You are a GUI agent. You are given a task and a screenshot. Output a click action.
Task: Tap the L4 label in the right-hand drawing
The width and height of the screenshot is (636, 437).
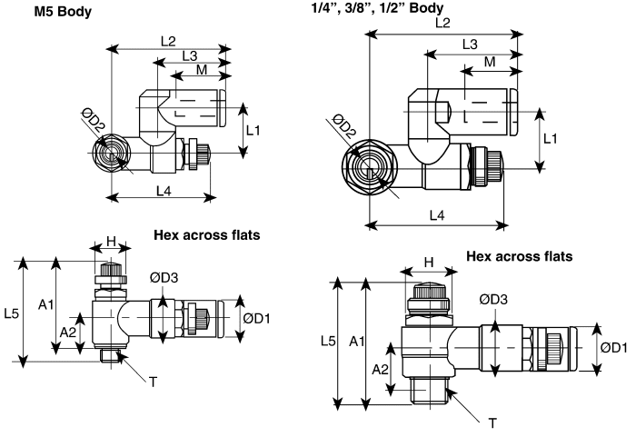(436, 215)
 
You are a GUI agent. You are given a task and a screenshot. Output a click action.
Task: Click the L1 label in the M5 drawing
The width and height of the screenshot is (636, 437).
(253, 130)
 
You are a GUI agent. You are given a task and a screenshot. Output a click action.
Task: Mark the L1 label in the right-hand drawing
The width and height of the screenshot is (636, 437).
(551, 138)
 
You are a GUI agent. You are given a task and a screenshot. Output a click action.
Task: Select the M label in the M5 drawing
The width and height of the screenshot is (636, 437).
(201, 70)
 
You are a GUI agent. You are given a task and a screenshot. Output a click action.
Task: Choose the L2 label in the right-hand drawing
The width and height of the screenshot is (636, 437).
(442, 22)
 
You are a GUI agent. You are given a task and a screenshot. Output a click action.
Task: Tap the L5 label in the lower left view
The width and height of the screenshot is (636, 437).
(12, 313)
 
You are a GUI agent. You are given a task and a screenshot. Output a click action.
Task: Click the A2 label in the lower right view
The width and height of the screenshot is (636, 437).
(381, 370)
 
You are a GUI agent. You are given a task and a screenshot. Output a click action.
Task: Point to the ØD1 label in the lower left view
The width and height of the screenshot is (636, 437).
(257, 317)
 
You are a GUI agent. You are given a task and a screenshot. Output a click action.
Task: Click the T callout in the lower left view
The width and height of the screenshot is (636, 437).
(153, 382)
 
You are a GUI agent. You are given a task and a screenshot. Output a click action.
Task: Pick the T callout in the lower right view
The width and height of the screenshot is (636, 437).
(492, 423)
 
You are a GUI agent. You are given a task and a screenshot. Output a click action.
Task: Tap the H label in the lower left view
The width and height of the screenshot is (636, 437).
(112, 241)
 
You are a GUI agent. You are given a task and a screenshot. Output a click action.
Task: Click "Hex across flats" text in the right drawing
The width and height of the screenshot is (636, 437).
(520, 256)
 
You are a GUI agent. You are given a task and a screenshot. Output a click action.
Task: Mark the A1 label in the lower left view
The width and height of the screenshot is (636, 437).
(46, 303)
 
